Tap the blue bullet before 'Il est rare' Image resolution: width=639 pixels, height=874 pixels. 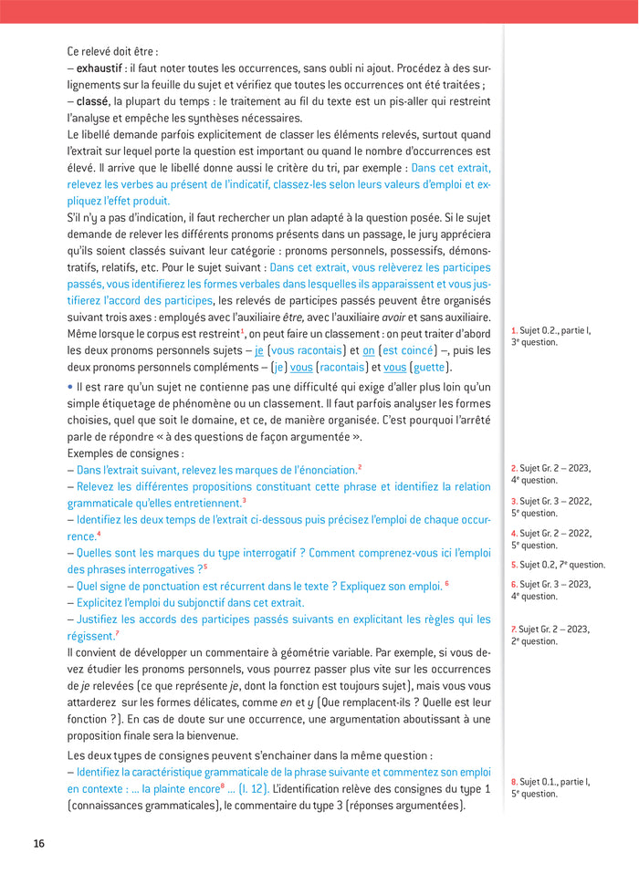click(69, 387)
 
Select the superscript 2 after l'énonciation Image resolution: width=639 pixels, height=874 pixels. click(360, 467)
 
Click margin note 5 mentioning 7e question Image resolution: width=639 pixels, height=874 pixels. click(557, 565)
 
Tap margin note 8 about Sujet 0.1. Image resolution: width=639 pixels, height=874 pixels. click(550, 787)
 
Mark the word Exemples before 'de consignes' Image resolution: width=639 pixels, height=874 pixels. click(90, 453)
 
